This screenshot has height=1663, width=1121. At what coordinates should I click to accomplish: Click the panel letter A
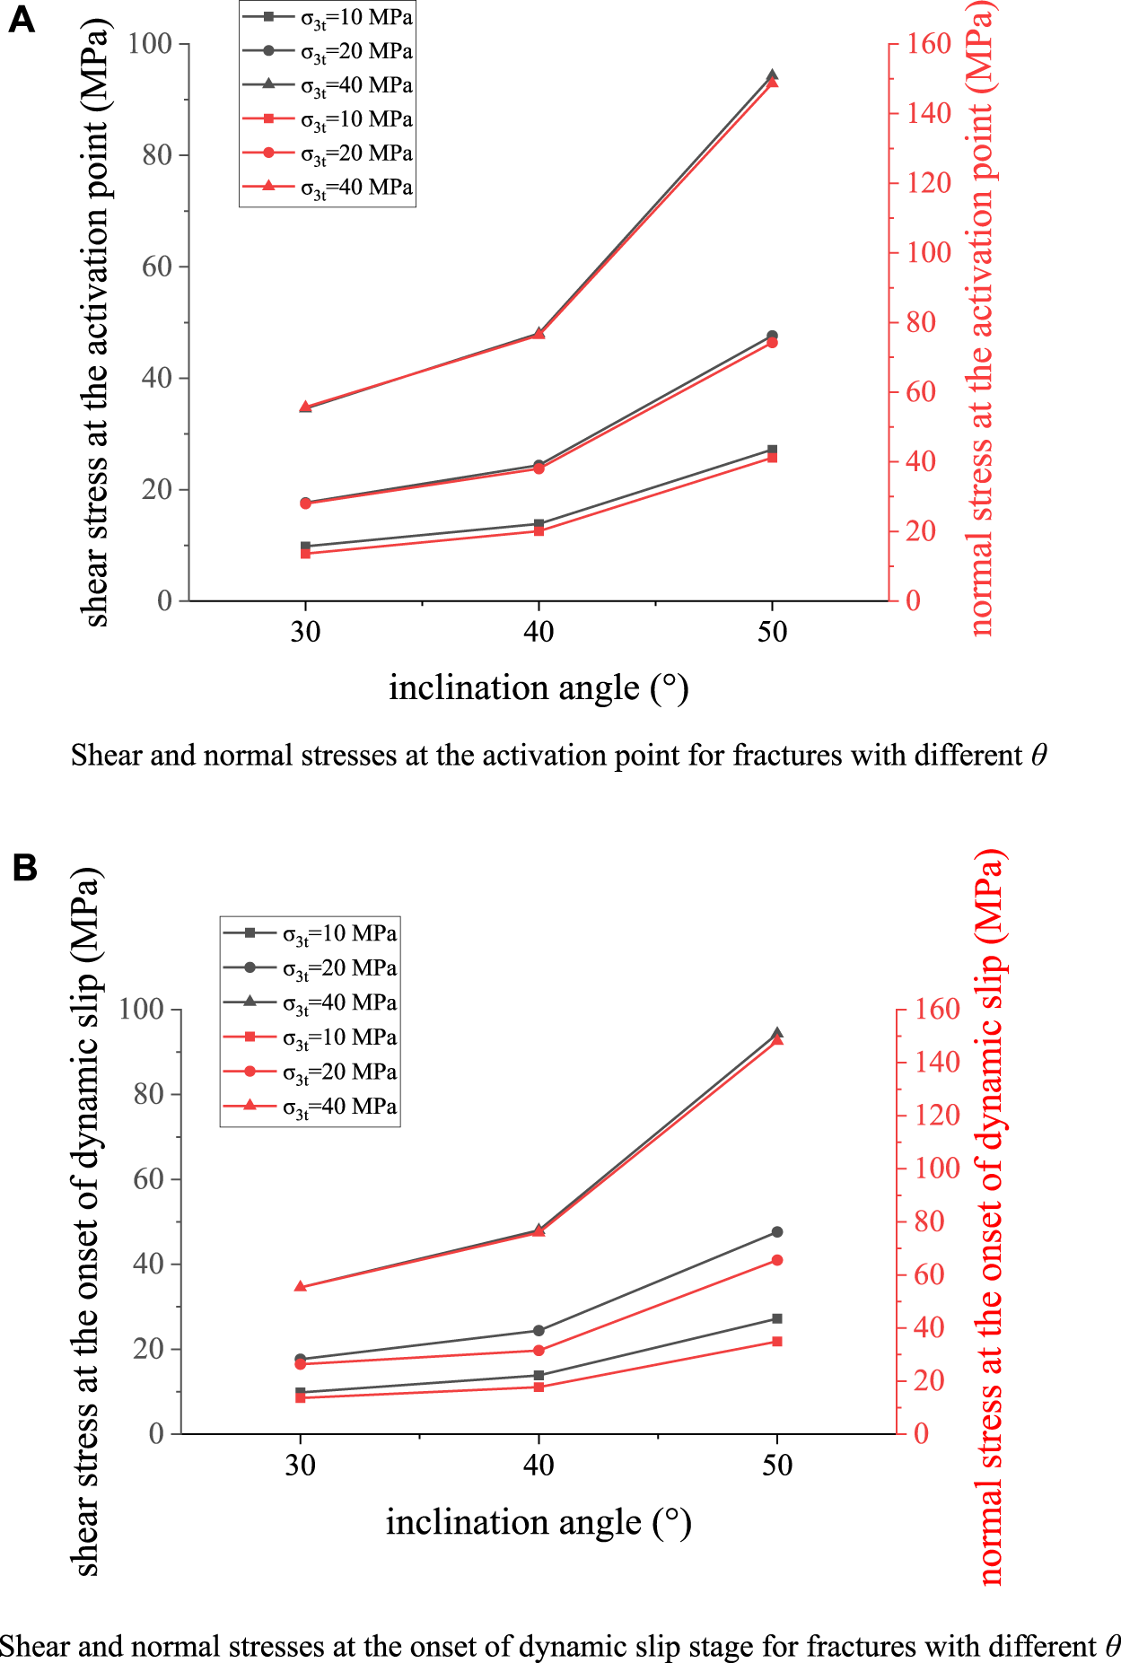coord(21,19)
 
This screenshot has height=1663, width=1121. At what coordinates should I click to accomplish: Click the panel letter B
coord(24,868)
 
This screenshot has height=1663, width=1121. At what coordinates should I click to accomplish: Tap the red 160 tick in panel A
coord(927,44)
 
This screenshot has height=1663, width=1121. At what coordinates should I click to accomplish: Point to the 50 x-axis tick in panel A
coord(772,632)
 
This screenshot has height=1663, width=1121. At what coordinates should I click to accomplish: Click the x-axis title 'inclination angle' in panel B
coord(514,1522)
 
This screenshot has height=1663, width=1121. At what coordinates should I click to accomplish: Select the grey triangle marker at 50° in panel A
coord(772,76)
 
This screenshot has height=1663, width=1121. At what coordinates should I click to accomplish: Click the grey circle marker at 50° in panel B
coord(777,1232)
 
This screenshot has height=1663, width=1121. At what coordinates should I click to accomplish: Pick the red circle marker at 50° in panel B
coord(777,1261)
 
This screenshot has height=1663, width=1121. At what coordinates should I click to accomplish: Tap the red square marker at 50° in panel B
coord(777,1342)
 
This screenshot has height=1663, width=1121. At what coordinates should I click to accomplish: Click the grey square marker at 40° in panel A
coord(539,524)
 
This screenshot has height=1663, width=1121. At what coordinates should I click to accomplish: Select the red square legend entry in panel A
coord(267,118)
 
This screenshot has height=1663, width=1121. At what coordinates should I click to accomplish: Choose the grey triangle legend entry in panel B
coord(250,1002)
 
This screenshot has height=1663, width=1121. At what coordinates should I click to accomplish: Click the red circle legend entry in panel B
coord(250,1072)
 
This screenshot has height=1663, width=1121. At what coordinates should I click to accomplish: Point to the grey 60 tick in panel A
coord(157,267)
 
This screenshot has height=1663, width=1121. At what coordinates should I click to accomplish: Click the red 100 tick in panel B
coord(937,1168)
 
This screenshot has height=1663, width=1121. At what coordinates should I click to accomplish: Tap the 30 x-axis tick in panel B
coord(301,1466)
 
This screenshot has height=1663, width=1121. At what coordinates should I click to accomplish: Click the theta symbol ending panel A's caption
coord(1038,756)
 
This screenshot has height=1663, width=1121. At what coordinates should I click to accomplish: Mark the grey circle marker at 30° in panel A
coord(305,503)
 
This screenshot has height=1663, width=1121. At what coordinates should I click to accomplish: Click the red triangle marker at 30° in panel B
coord(301,1287)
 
